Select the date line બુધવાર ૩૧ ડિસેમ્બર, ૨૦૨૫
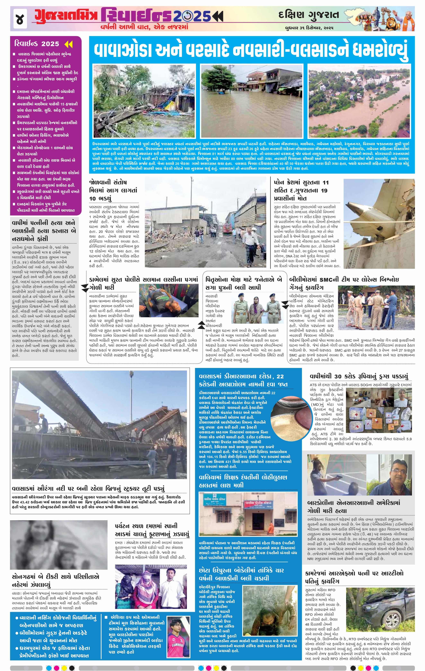[x=309, y=28]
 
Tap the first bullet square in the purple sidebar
[x=14, y=54]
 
